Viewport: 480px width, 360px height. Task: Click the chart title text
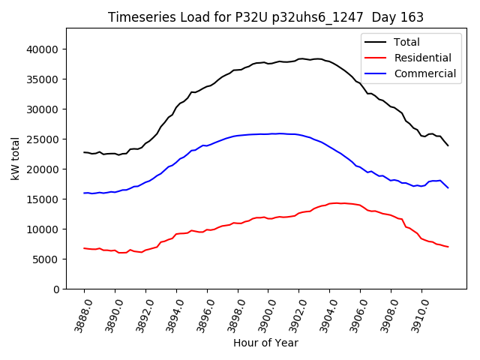point(265,17)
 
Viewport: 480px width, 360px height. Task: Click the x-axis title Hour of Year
point(265,343)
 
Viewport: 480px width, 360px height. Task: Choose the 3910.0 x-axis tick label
point(417,313)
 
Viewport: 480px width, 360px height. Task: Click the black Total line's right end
point(448,145)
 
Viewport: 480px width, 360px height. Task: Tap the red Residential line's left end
point(84,248)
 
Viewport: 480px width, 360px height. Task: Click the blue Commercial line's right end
point(448,187)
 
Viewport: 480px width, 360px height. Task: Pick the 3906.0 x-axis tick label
point(355,313)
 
